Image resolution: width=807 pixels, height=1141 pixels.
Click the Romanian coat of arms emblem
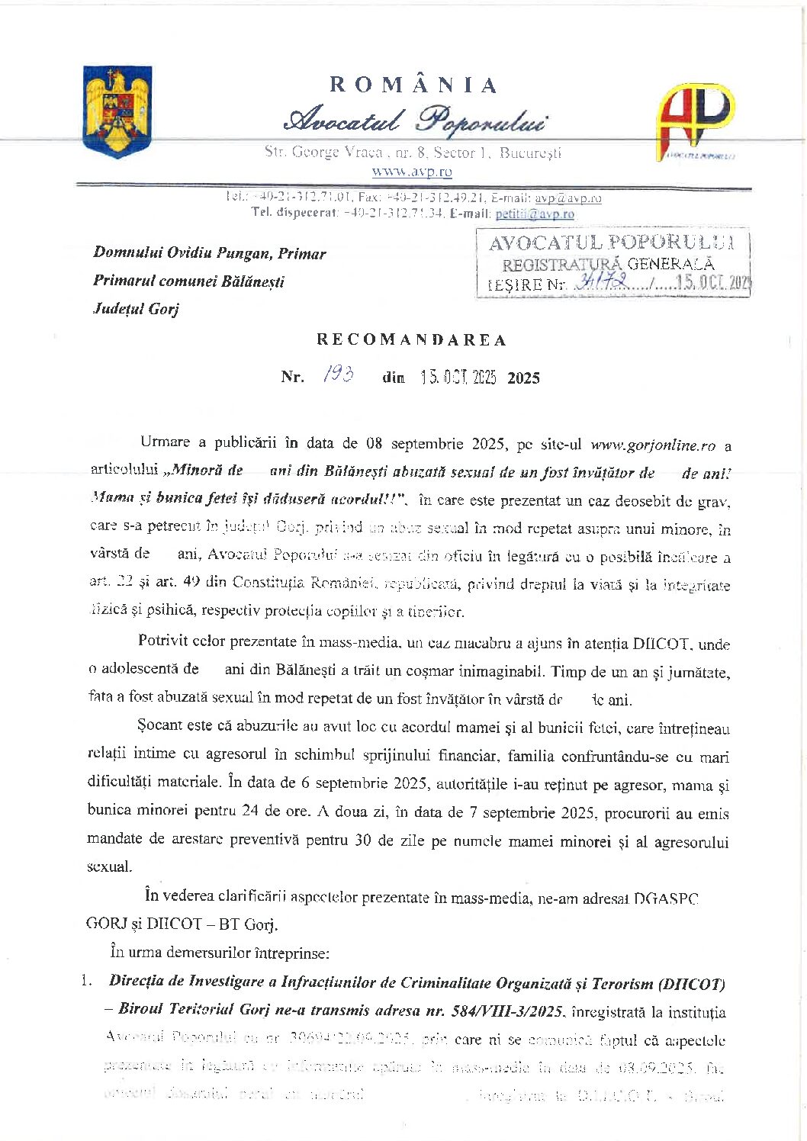point(117,111)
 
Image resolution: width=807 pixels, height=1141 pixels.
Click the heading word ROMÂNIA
point(413,85)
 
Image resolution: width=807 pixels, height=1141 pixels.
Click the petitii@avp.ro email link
point(535,214)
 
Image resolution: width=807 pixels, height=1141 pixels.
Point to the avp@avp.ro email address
point(567,198)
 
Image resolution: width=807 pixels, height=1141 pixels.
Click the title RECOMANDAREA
point(412,340)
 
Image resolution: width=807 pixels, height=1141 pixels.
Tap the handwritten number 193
point(338,374)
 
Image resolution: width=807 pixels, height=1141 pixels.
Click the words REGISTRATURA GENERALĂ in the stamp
point(608,265)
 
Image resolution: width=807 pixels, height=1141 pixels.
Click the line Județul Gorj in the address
point(136,309)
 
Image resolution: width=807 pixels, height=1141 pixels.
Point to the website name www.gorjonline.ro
point(653,445)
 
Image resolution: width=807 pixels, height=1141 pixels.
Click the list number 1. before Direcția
point(86,982)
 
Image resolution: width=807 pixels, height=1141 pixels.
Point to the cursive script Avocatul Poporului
point(414,121)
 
